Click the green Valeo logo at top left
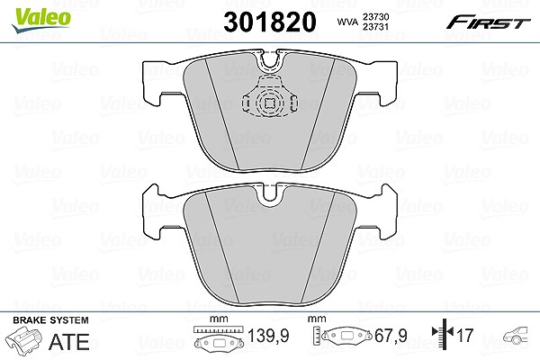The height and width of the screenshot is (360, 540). pyautogui.click(x=40, y=20)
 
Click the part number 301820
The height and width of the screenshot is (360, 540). pyautogui.click(x=270, y=22)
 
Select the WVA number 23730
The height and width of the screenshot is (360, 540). pyautogui.click(x=375, y=17)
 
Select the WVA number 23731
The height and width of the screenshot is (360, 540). pyautogui.click(x=375, y=26)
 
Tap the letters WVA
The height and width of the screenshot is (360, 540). pyautogui.click(x=347, y=22)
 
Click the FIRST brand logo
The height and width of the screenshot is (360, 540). pyautogui.click(x=488, y=22)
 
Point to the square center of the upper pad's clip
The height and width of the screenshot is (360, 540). pyautogui.click(x=270, y=103)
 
